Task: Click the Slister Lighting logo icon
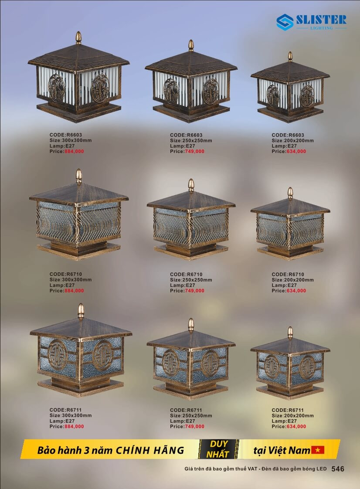(285, 22)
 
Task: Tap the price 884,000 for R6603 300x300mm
(74, 151)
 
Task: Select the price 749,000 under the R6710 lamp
(194, 290)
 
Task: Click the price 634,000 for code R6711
(296, 426)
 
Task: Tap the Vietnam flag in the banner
(318, 450)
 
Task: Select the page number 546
(338, 469)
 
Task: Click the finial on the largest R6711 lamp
(81, 311)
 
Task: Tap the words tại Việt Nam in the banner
(281, 450)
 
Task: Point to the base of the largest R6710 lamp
(78, 250)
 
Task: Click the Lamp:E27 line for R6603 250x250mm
(183, 146)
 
